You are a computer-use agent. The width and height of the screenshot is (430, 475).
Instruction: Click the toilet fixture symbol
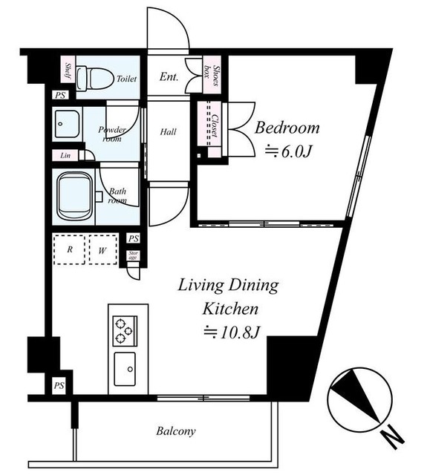tap(94, 79)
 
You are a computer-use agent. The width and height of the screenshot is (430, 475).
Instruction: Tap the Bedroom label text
tap(287, 128)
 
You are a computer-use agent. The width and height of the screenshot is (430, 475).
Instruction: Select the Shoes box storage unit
tap(212, 74)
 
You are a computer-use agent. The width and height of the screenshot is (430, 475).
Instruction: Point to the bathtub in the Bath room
tap(76, 197)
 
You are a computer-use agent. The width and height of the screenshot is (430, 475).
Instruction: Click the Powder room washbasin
tap(67, 124)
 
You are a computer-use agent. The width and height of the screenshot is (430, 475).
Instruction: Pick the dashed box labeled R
tap(69, 249)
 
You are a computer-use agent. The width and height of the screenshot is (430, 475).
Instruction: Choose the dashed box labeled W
tap(102, 249)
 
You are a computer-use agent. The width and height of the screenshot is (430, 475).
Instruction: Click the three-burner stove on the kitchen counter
tap(125, 331)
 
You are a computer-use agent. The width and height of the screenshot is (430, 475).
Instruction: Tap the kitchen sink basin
tap(125, 370)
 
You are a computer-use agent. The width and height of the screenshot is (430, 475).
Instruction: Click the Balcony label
tap(176, 430)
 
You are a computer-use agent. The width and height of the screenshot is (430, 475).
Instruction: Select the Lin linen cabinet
tap(65, 156)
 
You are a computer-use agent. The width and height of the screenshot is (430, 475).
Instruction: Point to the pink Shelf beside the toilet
tap(68, 69)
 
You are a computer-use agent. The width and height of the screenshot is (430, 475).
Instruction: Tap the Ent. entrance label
tap(169, 77)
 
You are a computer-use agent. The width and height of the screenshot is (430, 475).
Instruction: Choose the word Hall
tap(168, 132)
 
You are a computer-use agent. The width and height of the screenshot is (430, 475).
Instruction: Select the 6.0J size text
tap(288, 151)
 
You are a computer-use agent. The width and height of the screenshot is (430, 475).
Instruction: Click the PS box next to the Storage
tap(134, 238)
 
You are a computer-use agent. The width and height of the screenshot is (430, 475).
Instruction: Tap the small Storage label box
tap(134, 255)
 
